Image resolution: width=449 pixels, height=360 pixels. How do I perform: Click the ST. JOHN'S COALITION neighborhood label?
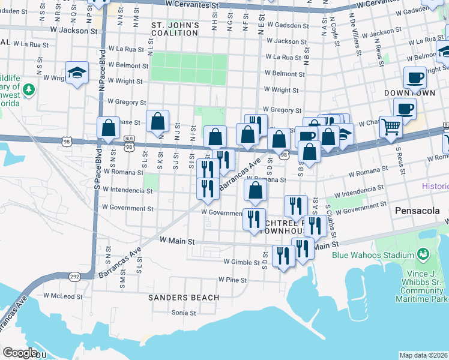(175, 29)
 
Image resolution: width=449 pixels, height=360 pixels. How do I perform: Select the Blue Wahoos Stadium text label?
(368, 254)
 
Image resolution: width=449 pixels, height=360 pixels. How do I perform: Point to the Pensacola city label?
(418, 211)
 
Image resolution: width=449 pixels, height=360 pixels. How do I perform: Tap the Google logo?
(20, 353)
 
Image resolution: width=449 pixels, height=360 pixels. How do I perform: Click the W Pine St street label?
(233, 280)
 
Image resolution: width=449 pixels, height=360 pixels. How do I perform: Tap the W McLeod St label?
(63, 296)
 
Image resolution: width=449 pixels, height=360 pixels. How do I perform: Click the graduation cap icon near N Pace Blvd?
(77, 73)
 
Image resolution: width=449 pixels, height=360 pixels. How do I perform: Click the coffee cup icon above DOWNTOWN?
(415, 77)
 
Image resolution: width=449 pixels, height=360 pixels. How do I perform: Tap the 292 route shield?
(74, 277)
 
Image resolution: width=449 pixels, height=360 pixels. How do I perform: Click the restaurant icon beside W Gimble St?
(283, 256)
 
